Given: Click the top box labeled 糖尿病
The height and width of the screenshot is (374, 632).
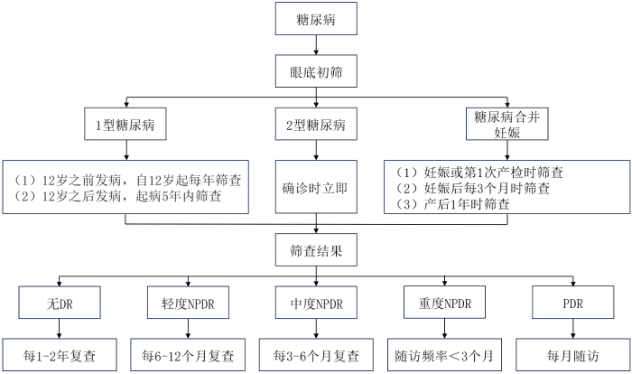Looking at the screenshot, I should tap(316, 17).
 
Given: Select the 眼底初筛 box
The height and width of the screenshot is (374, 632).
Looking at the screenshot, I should tap(316, 70).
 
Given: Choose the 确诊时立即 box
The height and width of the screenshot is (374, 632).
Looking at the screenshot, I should tap(316, 187).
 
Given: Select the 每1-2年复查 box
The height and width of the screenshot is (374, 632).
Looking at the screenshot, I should tap(60, 353).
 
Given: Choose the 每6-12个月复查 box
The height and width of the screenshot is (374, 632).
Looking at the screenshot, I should tap(187, 353).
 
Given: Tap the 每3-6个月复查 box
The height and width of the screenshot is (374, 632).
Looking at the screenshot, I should tap(316, 353).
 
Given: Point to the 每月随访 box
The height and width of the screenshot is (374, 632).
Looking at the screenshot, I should tap(571, 353).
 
